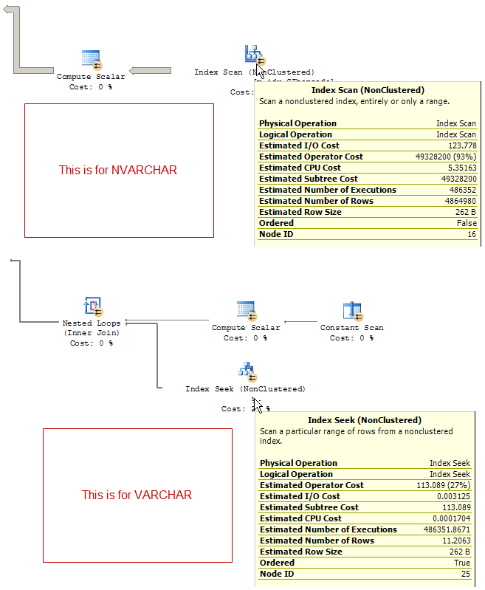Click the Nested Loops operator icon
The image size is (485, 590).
tap(93, 306)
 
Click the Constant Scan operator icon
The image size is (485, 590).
tap(352, 311)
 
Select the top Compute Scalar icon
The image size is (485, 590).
tap(92, 60)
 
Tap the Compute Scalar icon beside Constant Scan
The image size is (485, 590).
tap(246, 311)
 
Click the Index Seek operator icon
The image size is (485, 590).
tap(246, 371)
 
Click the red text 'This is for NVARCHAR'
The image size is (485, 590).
tap(118, 170)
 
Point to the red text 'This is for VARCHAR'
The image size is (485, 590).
tap(137, 495)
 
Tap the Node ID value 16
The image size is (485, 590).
tap(471, 234)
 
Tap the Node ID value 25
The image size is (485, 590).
tap(465, 574)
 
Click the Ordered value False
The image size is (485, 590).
tap(466, 223)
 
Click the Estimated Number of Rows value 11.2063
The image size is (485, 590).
tap(454, 541)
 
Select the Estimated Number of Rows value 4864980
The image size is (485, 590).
tap(458, 201)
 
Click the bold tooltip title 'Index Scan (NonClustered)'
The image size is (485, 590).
tap(367, 90)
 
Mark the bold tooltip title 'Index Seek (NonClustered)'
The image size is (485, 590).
tap(365, 420)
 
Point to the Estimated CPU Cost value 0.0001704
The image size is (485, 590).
tap(449, 518)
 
